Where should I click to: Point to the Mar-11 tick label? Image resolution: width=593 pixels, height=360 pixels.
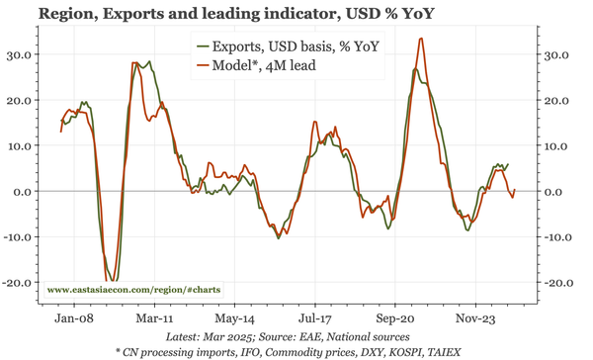(154, 319)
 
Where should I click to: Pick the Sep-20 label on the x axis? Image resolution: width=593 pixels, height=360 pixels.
(395, 319)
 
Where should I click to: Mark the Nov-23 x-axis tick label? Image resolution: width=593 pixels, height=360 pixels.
(475, 319)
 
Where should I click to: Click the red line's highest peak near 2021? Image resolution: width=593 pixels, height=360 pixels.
(421, 39)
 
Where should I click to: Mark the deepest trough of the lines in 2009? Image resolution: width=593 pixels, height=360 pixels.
(112, 280)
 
